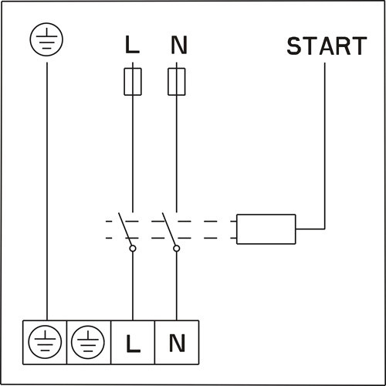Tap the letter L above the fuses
coord(133,45)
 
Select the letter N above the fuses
coord(178,45)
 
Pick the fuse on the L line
coord(133,81)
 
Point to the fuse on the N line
coord(177,81)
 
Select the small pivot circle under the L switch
coord(133,249)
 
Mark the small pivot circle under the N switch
coord(177,249)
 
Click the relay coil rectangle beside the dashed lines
coord(266,229)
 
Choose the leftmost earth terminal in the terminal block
coord(45,340)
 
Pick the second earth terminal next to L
coord(90,340)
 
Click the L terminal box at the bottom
coord(133,340)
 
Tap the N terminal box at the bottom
coord(177,340)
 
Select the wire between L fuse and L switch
coord(133,154)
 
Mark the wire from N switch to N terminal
coord(177,286)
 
